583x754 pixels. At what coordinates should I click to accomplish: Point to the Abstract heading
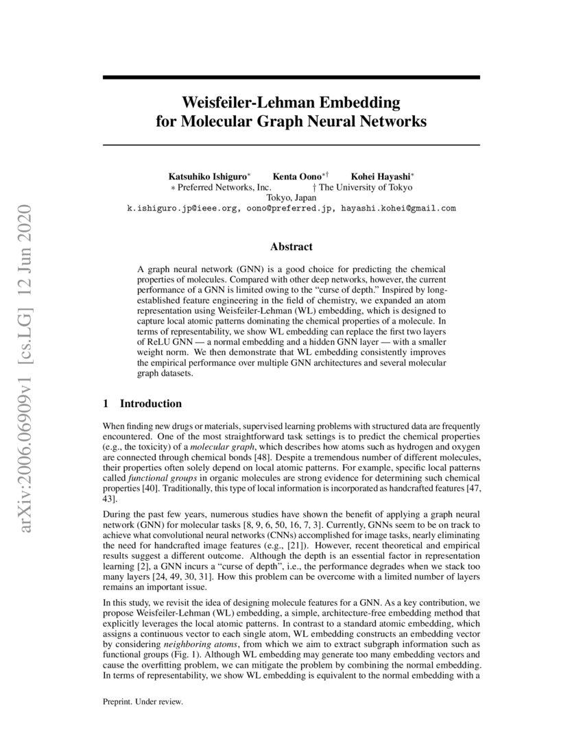(x=291, y=247)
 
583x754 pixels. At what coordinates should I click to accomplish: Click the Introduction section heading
(x=150, y=404)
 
